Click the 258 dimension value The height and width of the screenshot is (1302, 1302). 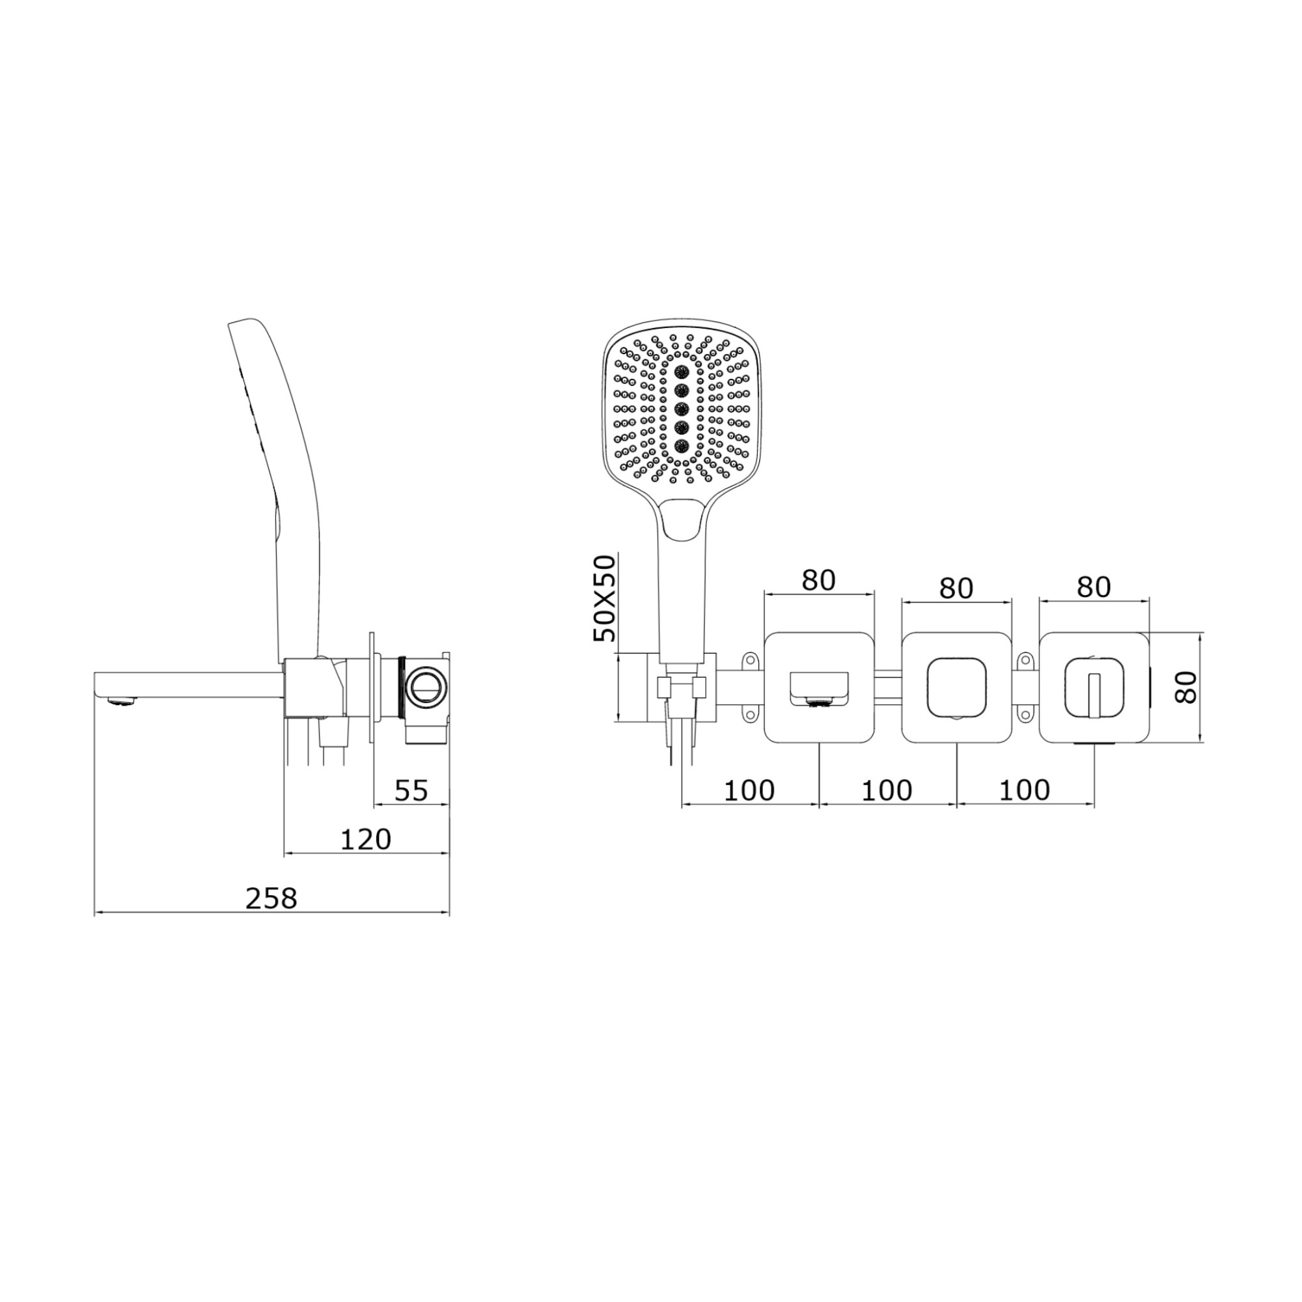(271, 898)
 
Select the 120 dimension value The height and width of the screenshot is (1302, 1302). (365, 840)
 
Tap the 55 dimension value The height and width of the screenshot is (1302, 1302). (410, 790)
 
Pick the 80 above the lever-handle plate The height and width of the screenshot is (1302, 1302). (1093, 587)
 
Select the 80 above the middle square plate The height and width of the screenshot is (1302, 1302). (956, 589)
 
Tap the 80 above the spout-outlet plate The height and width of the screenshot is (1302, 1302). (819, 579)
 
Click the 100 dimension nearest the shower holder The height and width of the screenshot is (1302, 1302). (749, 790)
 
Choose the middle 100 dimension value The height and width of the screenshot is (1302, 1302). (887, 790)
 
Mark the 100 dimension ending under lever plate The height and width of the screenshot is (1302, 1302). (1024, 790)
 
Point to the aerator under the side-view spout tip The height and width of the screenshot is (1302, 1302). (122, 704)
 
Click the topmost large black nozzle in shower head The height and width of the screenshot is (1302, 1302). (681, 371)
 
